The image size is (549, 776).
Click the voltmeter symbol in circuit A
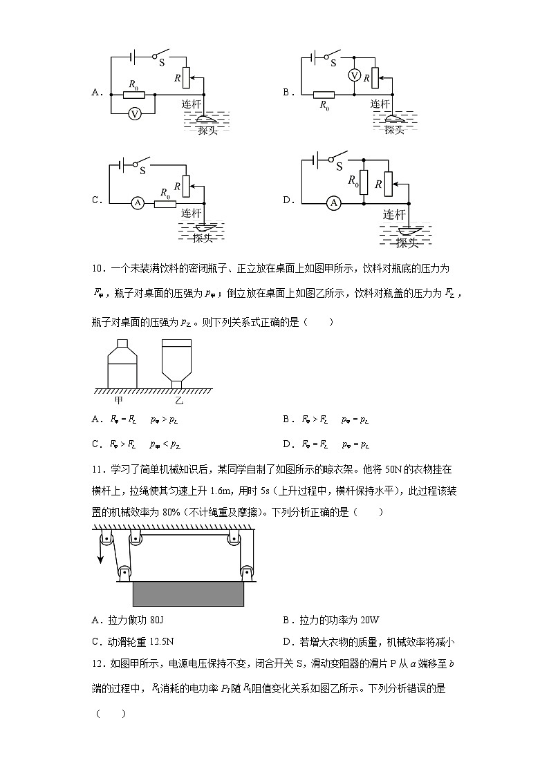(136, 114)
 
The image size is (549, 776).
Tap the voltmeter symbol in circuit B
(354, 76)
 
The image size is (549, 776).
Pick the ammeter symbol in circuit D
(334, 202)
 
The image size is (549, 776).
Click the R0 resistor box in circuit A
(133, 94)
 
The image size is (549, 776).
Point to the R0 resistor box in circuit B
(324, 95)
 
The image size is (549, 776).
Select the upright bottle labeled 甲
(122, 364)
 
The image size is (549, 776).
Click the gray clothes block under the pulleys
(188, 593)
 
